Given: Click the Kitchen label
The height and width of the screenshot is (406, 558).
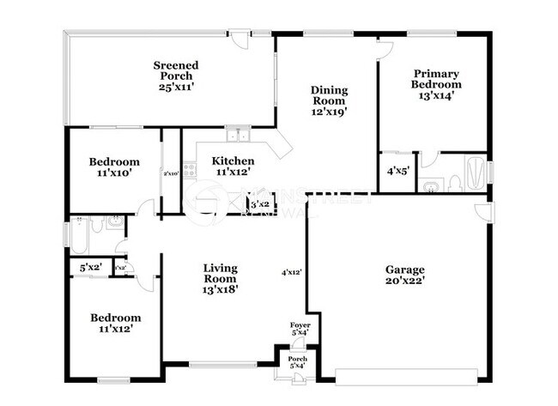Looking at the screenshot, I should (x=233, y=161).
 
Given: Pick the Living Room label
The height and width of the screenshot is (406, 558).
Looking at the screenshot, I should (x=221, y=273).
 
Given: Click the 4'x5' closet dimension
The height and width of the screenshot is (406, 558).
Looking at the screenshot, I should (x=397, y=171).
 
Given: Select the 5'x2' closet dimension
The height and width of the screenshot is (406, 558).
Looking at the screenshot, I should (x=90, y=268).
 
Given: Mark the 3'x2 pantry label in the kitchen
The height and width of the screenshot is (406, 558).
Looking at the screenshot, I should (x=259, y=204).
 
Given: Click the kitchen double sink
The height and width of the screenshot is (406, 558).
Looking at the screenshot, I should (x=237, y=135).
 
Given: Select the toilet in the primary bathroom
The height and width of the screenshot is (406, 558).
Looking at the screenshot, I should (x=432, y=185).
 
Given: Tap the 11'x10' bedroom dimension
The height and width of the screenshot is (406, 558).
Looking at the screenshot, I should (x=114, y=173).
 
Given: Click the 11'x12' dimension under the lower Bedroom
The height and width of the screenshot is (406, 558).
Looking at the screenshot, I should (x=114, y=328).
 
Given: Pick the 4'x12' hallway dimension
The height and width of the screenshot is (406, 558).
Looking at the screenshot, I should (x=292, y=272).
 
